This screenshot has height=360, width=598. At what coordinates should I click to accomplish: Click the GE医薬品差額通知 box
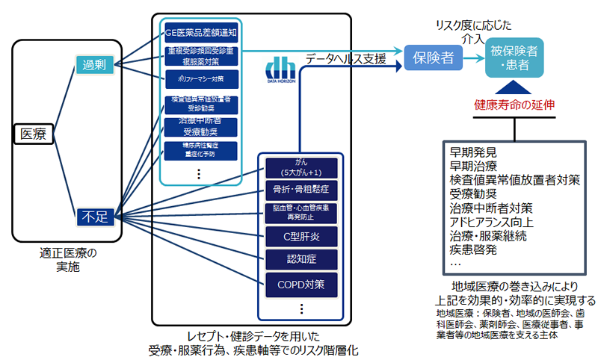click(200, 33)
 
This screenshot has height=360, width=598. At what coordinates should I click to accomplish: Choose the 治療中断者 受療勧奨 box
click(200, 126)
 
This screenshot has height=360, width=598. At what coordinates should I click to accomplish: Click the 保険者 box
click(434, 58)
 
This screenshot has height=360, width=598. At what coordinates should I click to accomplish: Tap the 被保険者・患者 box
click(514, 59)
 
